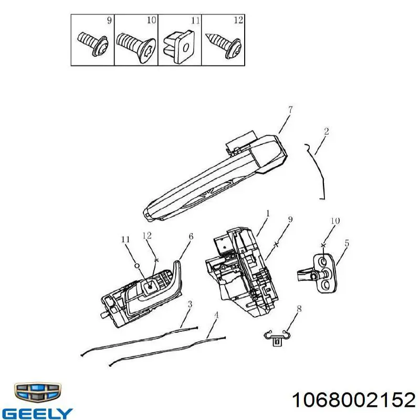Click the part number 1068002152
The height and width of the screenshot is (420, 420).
coord(353,400)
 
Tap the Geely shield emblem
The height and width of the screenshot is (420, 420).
coord(37,393)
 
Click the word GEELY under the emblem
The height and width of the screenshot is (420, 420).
coord(37,413)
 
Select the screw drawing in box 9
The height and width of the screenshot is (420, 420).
coord(93,44)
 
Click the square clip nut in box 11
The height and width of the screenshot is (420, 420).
coord(178,46)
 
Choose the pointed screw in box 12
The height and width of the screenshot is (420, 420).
coord(224,45)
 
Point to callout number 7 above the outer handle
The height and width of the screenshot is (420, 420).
coord(290,110)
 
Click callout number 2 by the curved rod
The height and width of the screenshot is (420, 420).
coord(326,131)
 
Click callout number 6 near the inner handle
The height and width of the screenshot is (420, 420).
coord(191,237)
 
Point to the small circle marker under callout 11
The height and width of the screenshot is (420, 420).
coord(136,266)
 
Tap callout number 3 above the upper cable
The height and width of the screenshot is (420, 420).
coord(190,304)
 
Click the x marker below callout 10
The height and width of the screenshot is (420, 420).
coord(323,245)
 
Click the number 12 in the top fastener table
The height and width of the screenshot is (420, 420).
coord(238,20)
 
